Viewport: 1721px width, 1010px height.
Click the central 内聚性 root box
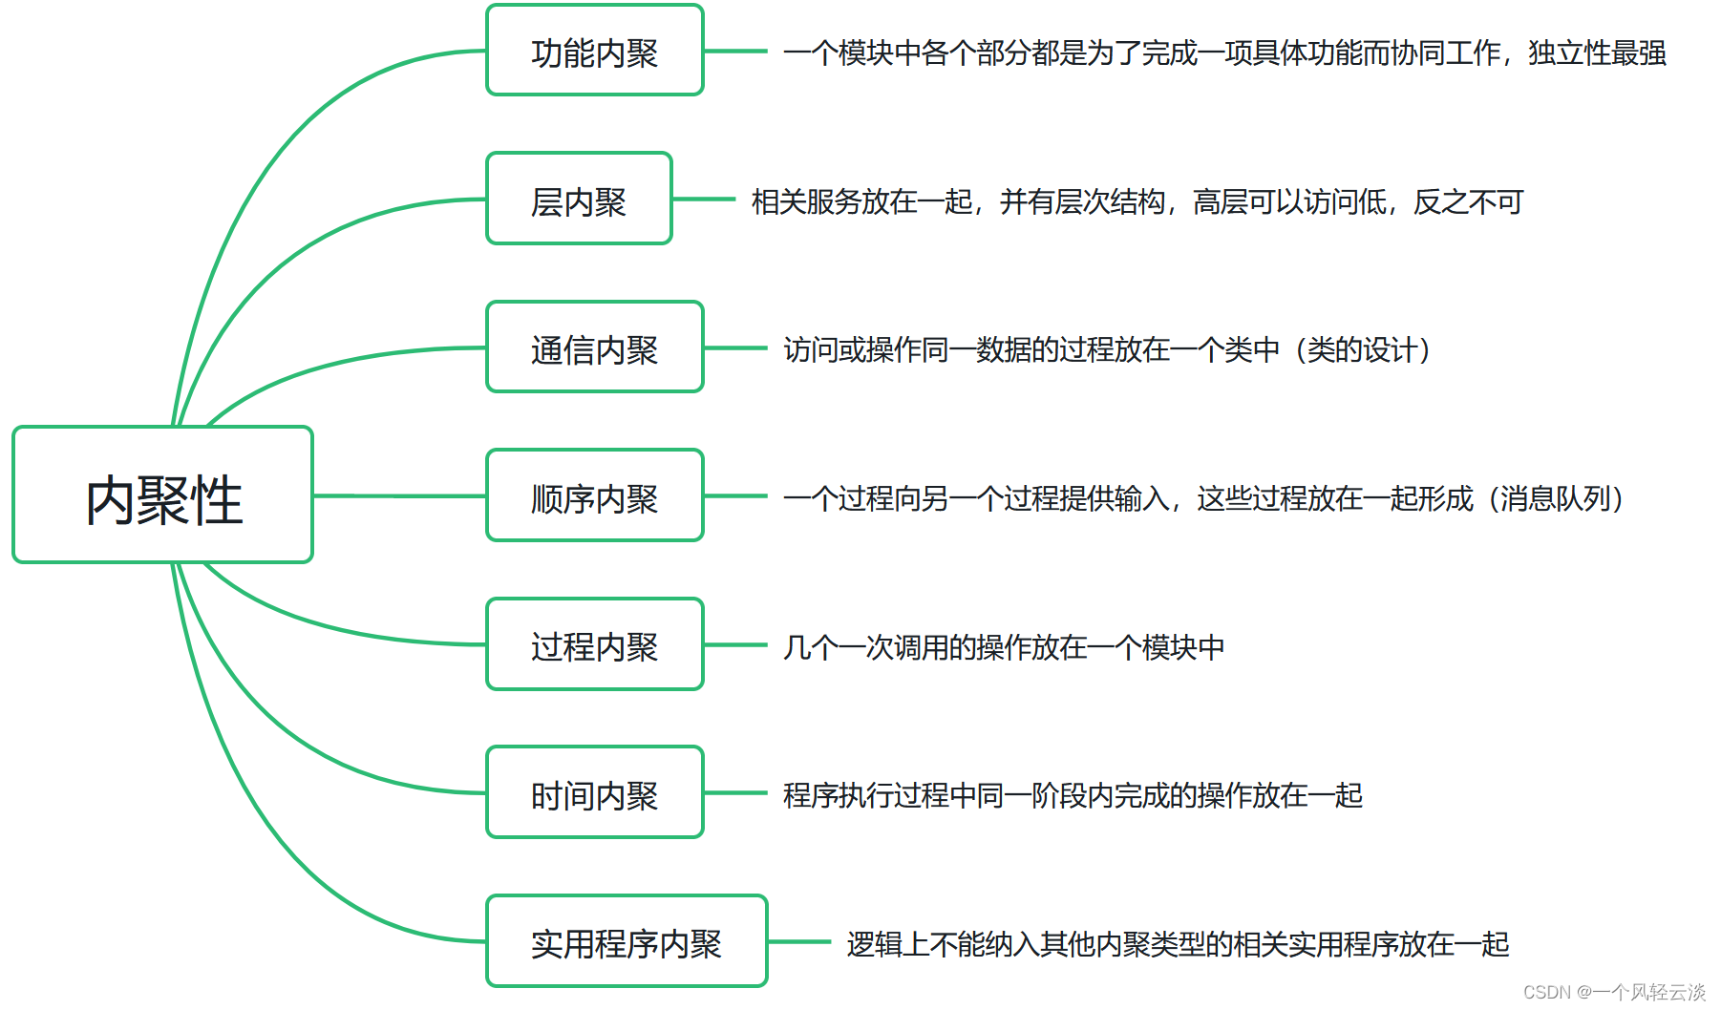click(162, 494)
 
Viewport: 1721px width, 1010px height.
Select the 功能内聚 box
click(594, 52)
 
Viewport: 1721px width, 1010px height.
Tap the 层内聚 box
click(579, 200)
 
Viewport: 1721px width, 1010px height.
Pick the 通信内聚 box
click(594, 348)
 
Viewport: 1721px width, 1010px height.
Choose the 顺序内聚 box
click(594, 496)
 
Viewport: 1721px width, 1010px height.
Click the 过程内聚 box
click(594, 645)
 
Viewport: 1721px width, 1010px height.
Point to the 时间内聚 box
click(594, 793)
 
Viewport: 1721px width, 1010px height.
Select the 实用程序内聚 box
click(627, 942)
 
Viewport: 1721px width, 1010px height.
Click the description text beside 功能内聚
click(1224, 53)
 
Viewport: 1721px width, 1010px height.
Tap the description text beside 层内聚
click(1137, 201)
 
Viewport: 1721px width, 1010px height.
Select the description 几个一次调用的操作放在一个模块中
click(1003, 647)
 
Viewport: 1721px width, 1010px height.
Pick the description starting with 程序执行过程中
click(1072, 795)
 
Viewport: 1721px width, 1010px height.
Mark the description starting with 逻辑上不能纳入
click(1177, 944)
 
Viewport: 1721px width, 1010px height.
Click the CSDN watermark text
click(1613, 992)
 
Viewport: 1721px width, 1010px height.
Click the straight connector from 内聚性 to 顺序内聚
click(399, 495)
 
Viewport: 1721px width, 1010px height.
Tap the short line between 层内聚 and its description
click(704, 200)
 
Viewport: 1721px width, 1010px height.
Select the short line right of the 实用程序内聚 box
click(799, 942)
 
